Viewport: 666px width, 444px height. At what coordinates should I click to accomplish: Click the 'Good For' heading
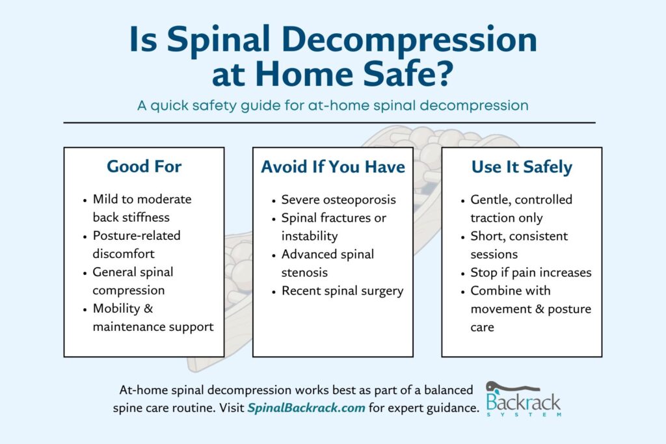tap(144, 166)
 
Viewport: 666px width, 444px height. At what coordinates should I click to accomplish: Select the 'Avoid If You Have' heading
tap(332, 166)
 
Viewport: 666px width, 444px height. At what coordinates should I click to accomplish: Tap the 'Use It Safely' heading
tap(522, 166)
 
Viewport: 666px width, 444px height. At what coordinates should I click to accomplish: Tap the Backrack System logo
tap(523, 398)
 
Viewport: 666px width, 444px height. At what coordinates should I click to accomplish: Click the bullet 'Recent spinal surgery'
tap(342, 291)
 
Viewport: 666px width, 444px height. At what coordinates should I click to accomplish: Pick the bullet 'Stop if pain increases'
tap(530, 272)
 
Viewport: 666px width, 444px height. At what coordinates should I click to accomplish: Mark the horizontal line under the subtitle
tap(329, 122)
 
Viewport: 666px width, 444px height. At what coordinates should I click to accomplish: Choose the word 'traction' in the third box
tap(494, 217)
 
